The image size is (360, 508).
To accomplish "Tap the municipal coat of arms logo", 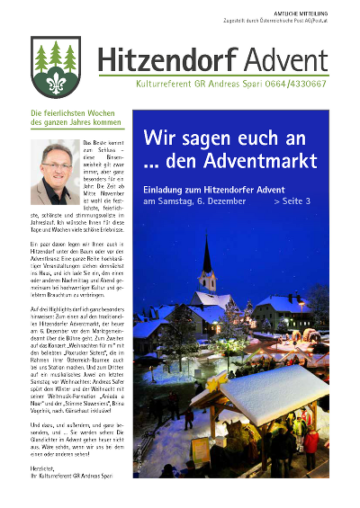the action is [55, 67].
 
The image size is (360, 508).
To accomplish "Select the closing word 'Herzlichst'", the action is [45, 481].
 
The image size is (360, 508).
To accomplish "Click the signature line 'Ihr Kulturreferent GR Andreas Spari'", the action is [76, 491].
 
